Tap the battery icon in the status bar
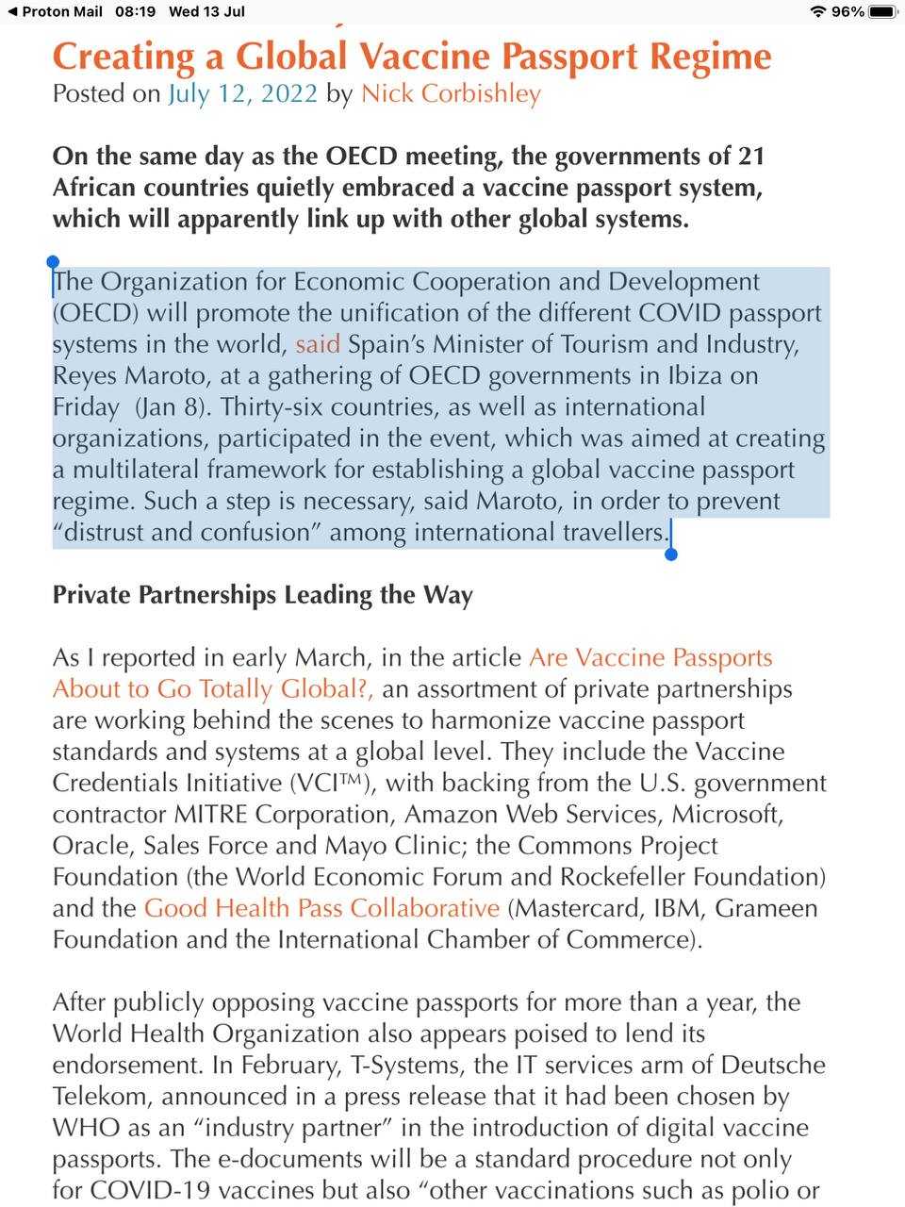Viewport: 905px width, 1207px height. (882, 11)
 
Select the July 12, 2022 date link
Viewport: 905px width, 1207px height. (242, 94)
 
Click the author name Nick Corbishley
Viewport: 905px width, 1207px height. (451, 94)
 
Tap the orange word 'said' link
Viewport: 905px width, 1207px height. (317, 344)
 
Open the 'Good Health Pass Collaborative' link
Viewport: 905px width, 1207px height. (321, 908)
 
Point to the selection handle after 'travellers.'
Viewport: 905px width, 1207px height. (670, 554)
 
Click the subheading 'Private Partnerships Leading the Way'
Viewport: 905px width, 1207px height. (262, 595)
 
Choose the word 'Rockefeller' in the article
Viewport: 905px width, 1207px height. (621, 877)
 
